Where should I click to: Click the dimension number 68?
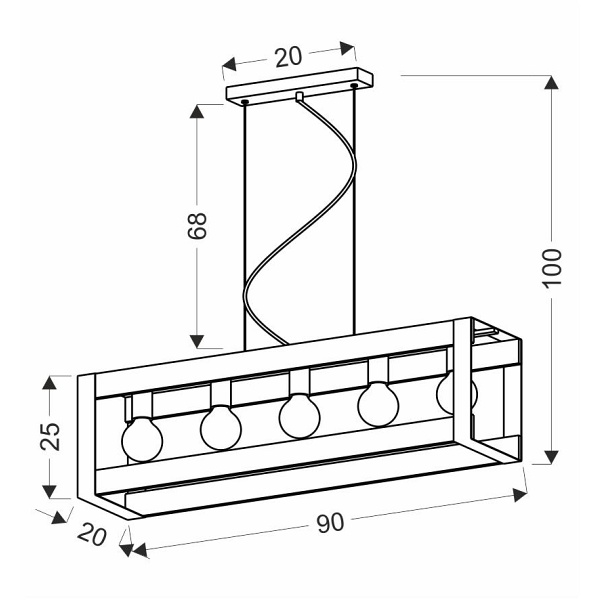click(x=197, y=225)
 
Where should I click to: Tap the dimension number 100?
click(x=552, y=267)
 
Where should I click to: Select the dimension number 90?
click(x=330, y=523)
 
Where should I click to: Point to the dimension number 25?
click(x=50, y=436)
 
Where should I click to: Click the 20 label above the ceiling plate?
click(x=289, y=57)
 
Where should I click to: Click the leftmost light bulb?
click(x=142, y=439)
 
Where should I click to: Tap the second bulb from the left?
click(x=221, y=427)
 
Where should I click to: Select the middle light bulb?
click(x=299, y=416)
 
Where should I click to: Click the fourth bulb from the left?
click(x=378, y=404)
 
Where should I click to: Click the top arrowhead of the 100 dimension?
click(x=551, y=82)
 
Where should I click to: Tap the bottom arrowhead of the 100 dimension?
click(x=551, y=457)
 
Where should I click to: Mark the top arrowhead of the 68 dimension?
click(x=197, y=111)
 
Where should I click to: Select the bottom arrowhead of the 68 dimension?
click(x=197, y=341)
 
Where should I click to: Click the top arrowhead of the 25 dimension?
click(x=50, y=383)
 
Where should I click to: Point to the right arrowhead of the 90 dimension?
click(x=520, y=494)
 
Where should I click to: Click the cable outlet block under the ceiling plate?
click(x=299, y=96)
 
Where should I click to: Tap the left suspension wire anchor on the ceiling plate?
click(x=245, y=102)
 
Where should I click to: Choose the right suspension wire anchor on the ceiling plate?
click(x=354, y=85)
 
